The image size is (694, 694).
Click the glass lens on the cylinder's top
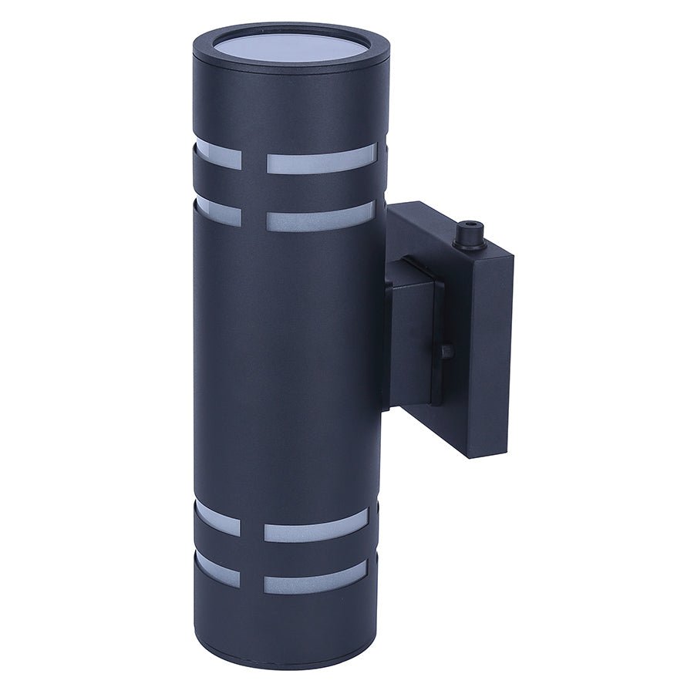291,47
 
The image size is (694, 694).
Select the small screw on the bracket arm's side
447,351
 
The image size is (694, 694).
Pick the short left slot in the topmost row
217,157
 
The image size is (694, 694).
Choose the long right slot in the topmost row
321,160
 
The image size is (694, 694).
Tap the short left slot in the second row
217,214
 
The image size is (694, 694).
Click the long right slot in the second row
321,217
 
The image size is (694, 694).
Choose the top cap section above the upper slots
289,104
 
